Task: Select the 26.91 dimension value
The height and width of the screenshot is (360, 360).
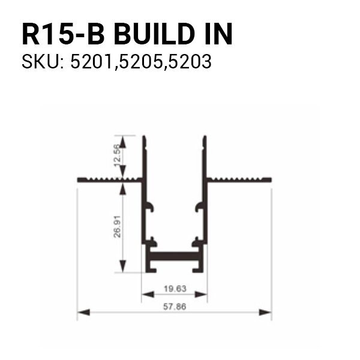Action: (117, 226)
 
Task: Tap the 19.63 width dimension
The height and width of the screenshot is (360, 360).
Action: (175, 289)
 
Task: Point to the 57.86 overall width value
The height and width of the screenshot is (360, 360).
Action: (175, 307)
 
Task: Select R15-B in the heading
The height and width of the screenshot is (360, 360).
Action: (63, 34)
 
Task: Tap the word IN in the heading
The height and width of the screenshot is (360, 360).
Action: (218, 34)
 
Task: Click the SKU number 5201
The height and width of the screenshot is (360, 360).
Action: (93, 62)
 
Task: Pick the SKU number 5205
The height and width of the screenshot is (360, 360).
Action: (142, 62)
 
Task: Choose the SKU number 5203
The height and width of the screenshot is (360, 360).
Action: (190, 62)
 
